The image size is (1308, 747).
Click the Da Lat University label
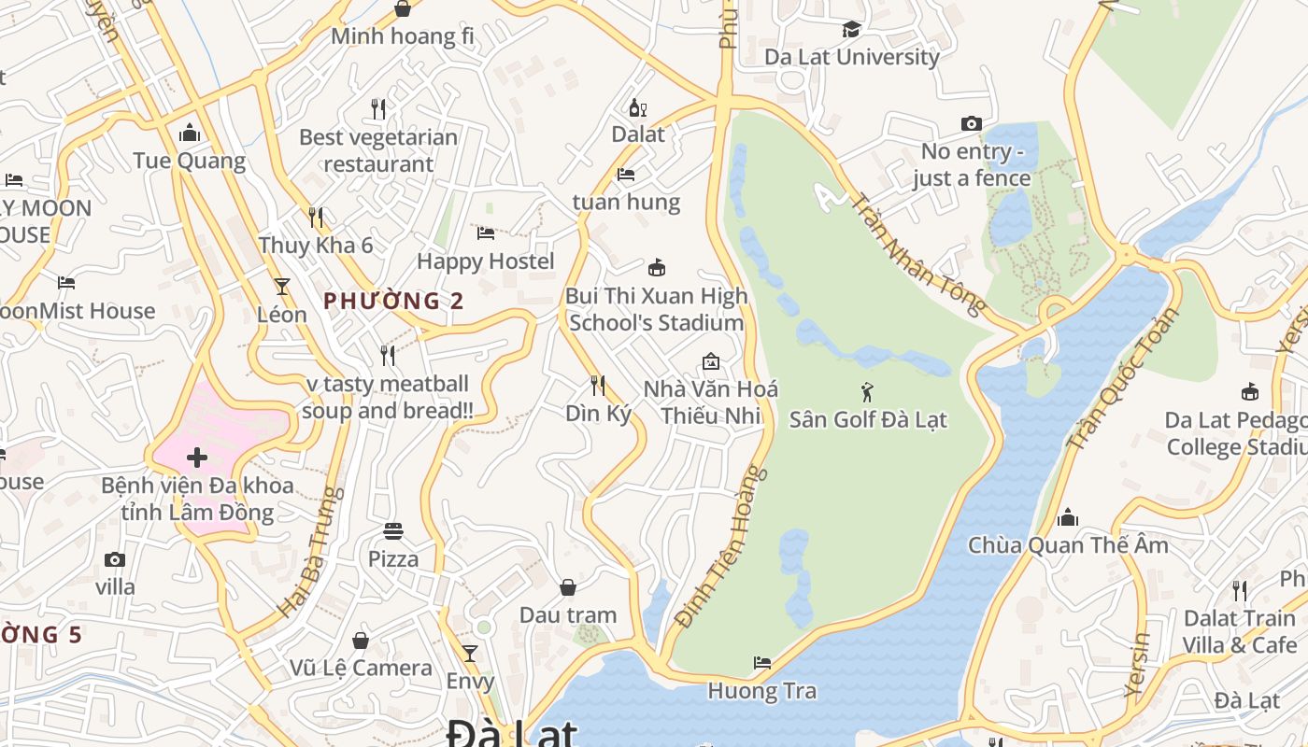tap(852, 57)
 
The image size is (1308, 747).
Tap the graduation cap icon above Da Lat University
tap(851, 30)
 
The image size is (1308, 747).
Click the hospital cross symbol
tap(197, 458)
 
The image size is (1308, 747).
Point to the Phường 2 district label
tap(393, 301)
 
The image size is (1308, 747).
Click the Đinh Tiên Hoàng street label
tap(721, 546)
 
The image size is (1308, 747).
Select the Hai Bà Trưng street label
tap(306, 552)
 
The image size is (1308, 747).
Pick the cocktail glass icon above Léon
tap(282, 287)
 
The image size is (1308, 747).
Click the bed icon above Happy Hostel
tap(486, 233)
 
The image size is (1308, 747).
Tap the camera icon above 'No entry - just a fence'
tap(972, 123)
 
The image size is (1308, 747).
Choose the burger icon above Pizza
tap(393, 531)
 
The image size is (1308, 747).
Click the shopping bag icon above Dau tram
tap(568, 587)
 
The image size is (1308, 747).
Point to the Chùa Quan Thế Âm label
tap(1068, 545)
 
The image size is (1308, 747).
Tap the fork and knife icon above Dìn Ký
tap(598, 385)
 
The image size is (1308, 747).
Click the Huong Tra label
tap(762, 691)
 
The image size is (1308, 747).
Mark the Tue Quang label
tap(190, 161)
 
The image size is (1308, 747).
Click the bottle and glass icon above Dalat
tap(638, 107)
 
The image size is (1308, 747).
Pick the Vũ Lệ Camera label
tap(361, 668)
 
